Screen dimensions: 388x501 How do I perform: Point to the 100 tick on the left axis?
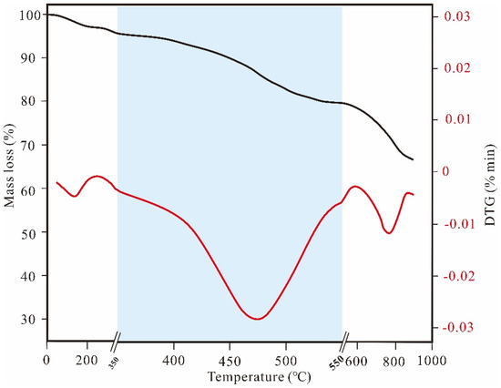[x=31, y=15]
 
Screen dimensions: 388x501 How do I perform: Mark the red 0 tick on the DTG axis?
[x=445, y=171]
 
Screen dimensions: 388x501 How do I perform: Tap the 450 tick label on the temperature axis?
[x=229, y=358]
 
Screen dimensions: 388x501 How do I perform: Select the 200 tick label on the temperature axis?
[x=87, y=358]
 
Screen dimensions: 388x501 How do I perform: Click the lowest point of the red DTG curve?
[x=258, y=319]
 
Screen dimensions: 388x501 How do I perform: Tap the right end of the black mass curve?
[x=413, y=159]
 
